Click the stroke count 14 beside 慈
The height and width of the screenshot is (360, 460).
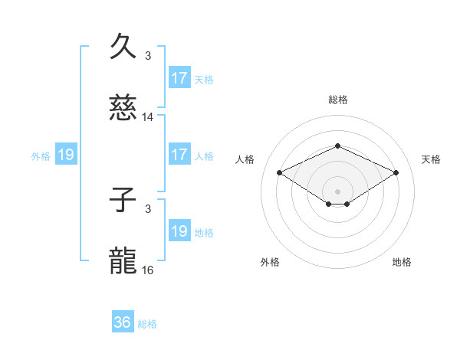point(148,117)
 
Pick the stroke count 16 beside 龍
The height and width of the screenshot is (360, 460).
point(148,270)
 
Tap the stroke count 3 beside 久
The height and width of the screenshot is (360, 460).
point(148,55)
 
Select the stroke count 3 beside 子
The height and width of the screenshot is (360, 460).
point(148,208)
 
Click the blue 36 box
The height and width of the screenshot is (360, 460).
point(123,322)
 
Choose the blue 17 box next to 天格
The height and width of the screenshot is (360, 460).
point(179,78)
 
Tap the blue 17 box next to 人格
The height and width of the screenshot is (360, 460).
point(179,155)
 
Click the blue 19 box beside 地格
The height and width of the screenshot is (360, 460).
point(179,231)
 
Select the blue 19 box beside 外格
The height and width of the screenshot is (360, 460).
point(66,155)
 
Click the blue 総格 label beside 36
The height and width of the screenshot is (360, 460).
point(147,324)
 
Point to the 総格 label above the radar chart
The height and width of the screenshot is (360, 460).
point(337,100)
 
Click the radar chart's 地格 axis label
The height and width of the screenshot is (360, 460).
point(402,262)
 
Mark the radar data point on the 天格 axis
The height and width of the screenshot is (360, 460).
point(396,172)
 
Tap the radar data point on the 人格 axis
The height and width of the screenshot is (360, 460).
point(279,172)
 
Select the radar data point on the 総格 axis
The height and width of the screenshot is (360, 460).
point(337,146)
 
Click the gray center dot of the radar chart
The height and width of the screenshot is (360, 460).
point(337,191)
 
